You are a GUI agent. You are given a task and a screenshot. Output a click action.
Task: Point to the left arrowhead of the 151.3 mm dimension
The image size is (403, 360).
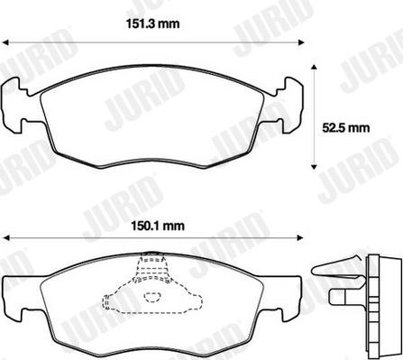(5, 42)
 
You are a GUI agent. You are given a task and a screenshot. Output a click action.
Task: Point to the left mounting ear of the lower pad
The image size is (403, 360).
(16, 294)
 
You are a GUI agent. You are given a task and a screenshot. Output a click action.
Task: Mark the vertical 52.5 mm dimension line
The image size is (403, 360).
(314, 115)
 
